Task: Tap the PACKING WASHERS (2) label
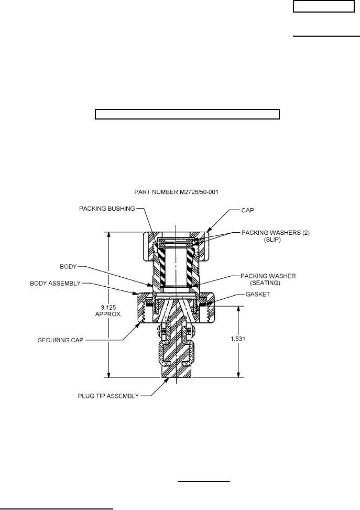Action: [275, 232]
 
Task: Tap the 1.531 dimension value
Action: [239, 339]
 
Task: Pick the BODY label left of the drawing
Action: [67, 267]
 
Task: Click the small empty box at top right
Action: [323, 6]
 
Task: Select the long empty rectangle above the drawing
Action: [187, 115]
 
